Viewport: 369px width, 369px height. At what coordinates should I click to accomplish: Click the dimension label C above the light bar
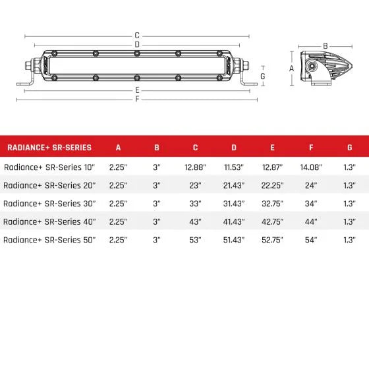point(136,35)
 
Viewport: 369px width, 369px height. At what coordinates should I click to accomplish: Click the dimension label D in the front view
point(136,44)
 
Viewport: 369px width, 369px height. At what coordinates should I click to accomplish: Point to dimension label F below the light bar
point(136,99)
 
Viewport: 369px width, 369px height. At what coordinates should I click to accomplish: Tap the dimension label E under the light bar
point(136,90)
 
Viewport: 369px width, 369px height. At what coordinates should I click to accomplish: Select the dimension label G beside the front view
point(263,76)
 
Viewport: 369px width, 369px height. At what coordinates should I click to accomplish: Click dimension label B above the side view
point(325,45)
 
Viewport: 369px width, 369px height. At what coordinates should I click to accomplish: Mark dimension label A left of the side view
point(292,68)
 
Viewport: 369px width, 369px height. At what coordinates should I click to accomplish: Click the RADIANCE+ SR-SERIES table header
point(48,148)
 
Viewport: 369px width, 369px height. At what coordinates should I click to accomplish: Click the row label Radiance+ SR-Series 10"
point(49,168)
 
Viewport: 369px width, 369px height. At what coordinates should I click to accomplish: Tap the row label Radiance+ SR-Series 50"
point(49,239)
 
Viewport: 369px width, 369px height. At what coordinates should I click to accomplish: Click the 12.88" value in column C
point(195,168)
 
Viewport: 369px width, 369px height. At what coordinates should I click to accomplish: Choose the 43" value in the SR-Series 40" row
point(195,221)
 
